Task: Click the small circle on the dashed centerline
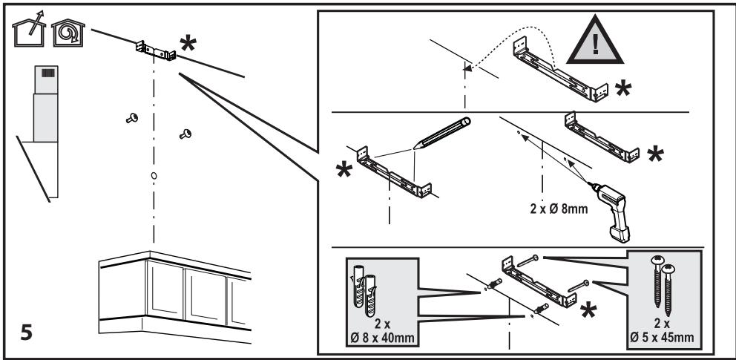pyautogui.click(x=153, y=176)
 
